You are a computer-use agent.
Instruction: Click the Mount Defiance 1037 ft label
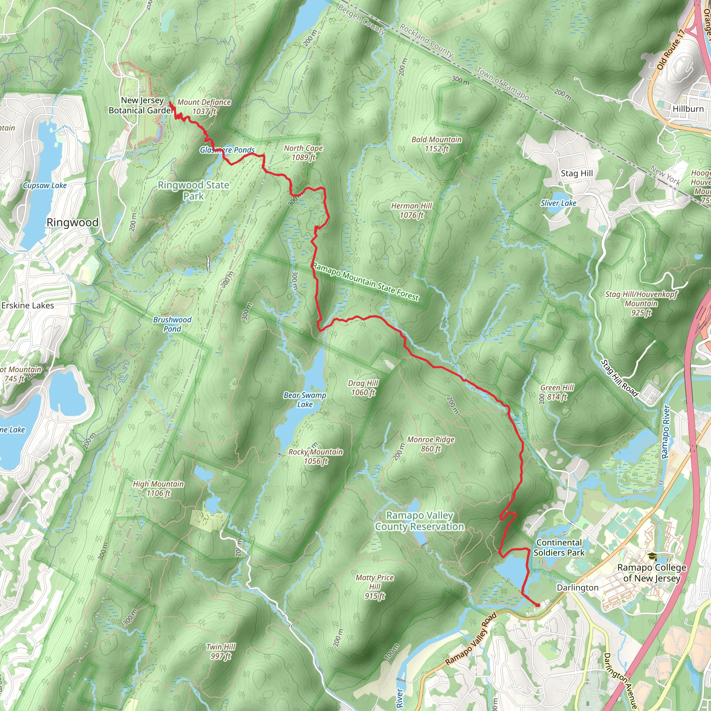[x=204, y=107]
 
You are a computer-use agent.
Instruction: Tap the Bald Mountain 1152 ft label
[x=436, y=144]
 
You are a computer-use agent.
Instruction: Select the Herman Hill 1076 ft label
[x=411, y=210]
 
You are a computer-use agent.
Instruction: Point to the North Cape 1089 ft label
[x=303, y=153]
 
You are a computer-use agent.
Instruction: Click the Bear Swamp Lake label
[x=305, y=400]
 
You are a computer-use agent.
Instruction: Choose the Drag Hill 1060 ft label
[x=363, y=388]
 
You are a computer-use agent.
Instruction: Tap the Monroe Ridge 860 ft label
[x=430, y=444]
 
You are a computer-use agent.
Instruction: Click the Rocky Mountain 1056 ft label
[x=315, y=456]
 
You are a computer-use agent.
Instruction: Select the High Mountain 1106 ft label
[x=158, y=488]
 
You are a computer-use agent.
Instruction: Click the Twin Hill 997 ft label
[x=221, y=651]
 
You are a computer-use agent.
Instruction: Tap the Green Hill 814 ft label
[x=557, y=392]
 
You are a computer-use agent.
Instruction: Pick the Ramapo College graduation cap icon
[x=652, y=557]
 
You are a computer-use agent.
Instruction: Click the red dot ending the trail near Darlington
[x=538, y=605]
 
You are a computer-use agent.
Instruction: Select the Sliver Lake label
[x=558, y=203]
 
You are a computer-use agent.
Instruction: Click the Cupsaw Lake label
[x=44, y=185]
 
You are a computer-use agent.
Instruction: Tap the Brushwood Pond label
[x=172, y=324]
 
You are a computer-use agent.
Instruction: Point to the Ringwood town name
[x=73, y=223]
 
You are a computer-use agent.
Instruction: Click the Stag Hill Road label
[x=619, y=378]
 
